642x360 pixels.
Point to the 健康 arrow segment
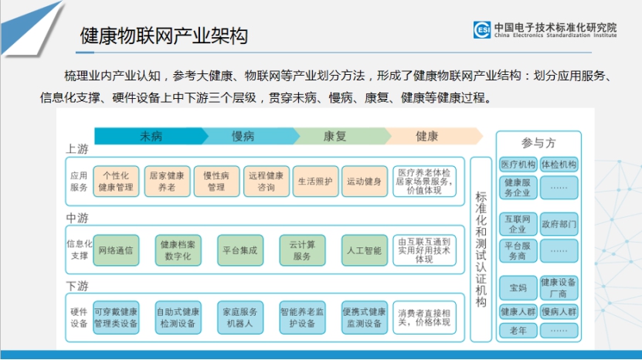pos(432,136)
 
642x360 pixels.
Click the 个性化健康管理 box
pos(116,182)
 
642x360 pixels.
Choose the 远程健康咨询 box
pos(266,182)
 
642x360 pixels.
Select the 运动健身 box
pos(365,182)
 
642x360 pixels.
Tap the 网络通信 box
pos(116,250)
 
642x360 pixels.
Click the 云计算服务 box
pos(302,250)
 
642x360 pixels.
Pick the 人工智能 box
pos(365,250)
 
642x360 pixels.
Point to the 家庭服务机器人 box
pos(240,318)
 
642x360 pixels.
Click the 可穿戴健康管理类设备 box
pos(116,318)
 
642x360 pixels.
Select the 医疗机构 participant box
pos(518,165)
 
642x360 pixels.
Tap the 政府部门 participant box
pos(559,224)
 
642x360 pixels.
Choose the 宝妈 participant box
pos(518,288)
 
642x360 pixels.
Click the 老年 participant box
pos(518,331)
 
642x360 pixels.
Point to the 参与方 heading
pos(538,143)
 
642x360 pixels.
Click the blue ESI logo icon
pos(482,29)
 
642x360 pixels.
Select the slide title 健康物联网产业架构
pos(164,36)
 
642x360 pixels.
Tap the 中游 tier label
pos(77,218)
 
